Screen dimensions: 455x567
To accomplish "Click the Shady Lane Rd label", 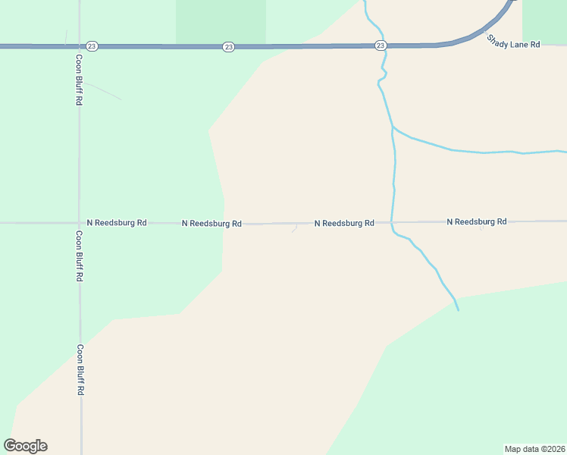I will click(x=513, y=45).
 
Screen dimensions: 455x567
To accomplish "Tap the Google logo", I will click(x=25, y=445).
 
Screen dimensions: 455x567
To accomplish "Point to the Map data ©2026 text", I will click(x=534, y=449).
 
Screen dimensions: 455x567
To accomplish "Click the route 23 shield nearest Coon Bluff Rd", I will click(x=92, y=46).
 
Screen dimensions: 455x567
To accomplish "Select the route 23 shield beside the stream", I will click(x=381, y=46).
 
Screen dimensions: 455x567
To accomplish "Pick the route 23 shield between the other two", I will click(x=228, y=47).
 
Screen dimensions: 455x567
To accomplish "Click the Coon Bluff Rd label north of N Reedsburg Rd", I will click(x=79, y=79).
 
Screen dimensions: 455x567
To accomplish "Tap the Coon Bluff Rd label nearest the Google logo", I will click(x=79, y=370).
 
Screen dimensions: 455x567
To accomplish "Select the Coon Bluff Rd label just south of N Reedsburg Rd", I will click(x=79, y=256).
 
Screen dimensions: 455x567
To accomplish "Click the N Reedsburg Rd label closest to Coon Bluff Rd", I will click(x=117, y=223).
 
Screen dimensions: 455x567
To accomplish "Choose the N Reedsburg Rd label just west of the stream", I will click(x=344, y=223).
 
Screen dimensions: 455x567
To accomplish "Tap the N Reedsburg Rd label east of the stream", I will click(x=476, y=221).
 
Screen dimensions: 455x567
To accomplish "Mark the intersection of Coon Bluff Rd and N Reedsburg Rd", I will click(x=79, y=223).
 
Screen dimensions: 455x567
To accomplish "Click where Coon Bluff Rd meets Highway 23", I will click(x=79, y=46).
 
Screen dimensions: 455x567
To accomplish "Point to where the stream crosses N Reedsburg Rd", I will click(x=392, y=222).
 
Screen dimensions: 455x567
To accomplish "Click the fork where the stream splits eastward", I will click(x=392, y=127).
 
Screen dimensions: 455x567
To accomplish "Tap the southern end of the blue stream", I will click(x=458, y=309).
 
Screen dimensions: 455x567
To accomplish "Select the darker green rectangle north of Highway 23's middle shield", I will click(x=221, y=21).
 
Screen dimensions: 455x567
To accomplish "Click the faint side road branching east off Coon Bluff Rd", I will click(x=102, y=89).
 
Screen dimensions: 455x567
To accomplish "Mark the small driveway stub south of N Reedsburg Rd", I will click(x=294, y=229).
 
